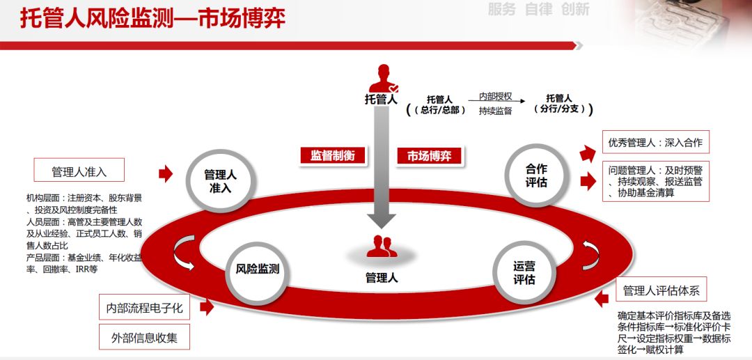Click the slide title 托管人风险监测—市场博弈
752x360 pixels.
(x=152, y=18)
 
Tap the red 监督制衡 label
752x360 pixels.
(x=332, y=155)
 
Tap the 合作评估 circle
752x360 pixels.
(x=536, y=175)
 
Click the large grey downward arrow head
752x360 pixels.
(x=382, y=220)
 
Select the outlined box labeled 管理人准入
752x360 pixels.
(x=79, y=171)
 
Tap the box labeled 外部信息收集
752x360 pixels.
(x=144, y=338)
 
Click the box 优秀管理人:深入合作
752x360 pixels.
(x=655, y=143)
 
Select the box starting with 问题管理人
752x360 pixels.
(x=655, y=181)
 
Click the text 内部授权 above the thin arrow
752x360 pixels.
(x=495, y=96)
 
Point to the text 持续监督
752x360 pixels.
(x=495, y=111)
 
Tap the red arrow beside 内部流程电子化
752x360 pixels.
(x=206, y=306)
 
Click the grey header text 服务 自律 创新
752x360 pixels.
(x=538, y=9)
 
